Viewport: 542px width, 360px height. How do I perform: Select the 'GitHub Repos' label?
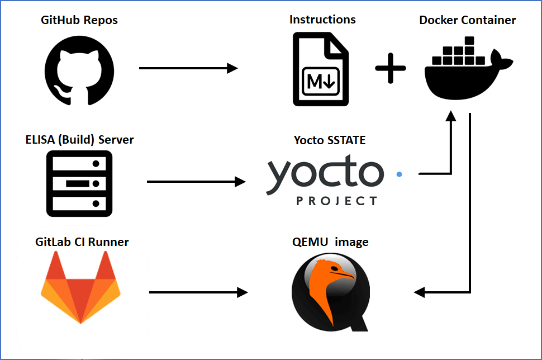pyautogui.click(x=79, y=21)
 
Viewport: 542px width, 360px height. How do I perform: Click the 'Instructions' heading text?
pyautogui.click(x=322, y=20)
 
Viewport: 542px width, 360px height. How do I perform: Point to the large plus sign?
pyautogui.click(x=390, y=72)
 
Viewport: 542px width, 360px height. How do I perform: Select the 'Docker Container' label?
pyautogui.click(x=468, y=21)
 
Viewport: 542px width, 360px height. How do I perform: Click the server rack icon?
pyautogui.click(x=79, y=183)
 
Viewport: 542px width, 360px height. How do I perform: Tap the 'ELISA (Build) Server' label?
pyautogui.click(x=79, y=140)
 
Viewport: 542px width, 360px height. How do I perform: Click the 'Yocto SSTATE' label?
pyautogui.click(x=330, y=140)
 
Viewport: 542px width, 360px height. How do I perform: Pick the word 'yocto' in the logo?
pyautogui.click(x=325, y=174)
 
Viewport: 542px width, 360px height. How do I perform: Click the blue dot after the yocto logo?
pyautogui.click(x=399, y=174)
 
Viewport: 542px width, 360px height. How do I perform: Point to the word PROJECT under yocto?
pyautogui.click(x=336, y=201)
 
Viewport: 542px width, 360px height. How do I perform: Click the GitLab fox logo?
pyautogui.click(x=80, y=287)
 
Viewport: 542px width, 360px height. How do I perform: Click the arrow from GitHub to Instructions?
pyautogui.click(x=188, y=68)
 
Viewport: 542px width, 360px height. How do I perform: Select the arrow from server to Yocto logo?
pyautogui.click(x=196, y=182)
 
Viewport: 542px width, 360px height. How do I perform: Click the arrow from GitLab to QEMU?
pyautogui.click(x=198, y=292)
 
